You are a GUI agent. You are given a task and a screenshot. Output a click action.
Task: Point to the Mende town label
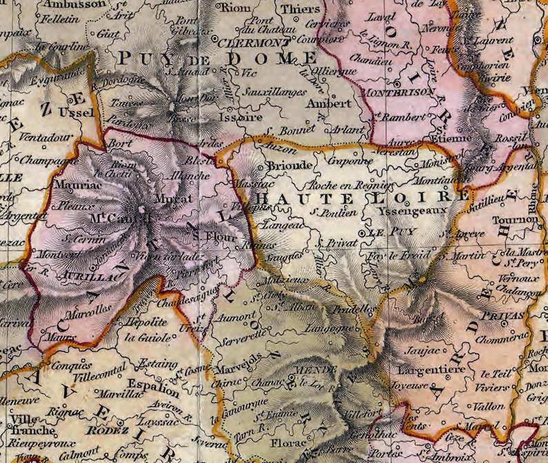click(306, 371)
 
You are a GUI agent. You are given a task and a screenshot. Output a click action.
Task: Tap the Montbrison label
click(400, 91)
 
